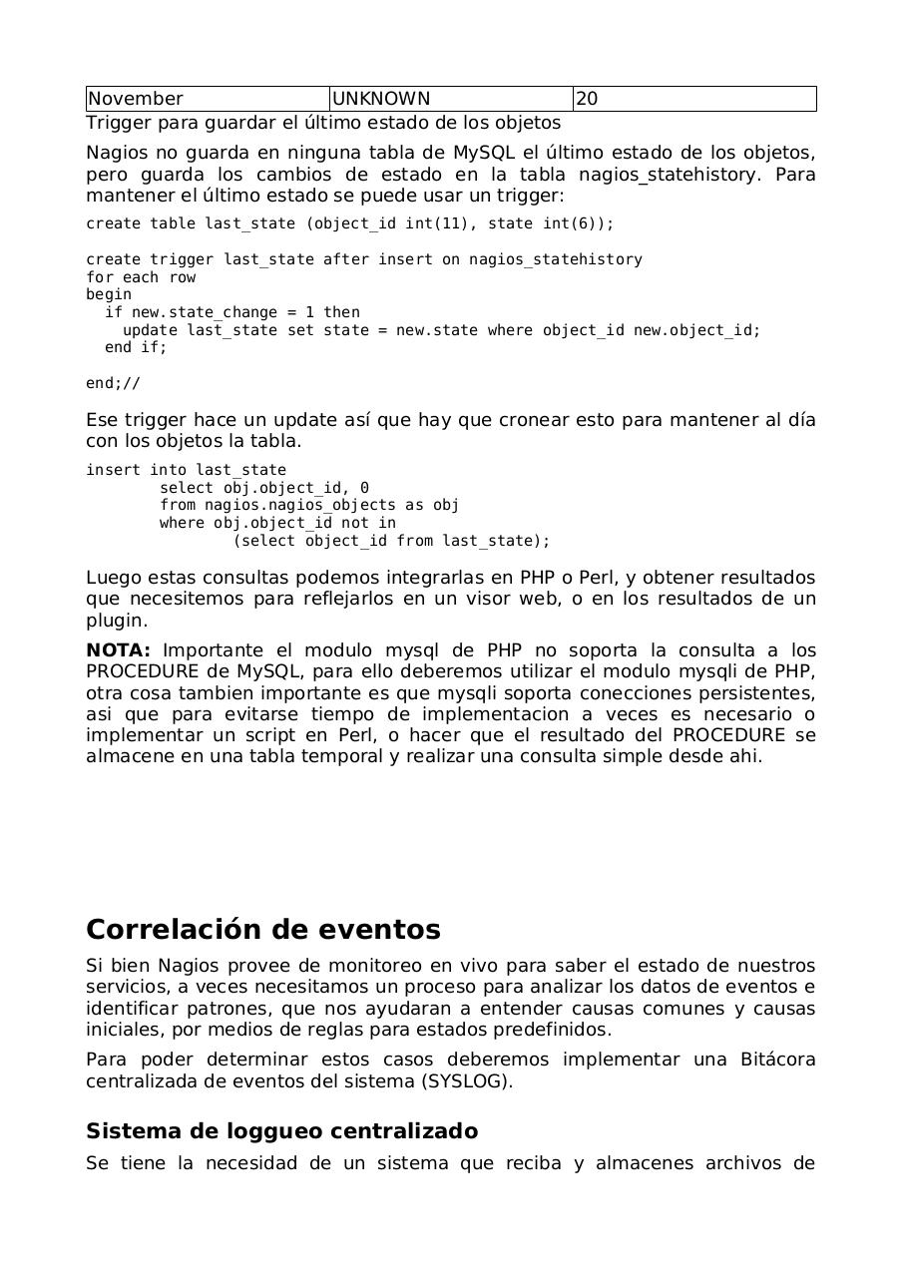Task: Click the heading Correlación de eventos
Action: [x=263, y=930]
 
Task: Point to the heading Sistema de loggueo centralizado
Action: [x=281, y=1131]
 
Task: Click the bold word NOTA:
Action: [x=118, y=650]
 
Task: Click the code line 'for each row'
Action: [x=141, y=277]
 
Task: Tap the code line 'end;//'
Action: [x=113, y=383]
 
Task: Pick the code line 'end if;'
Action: [x=136, y=347]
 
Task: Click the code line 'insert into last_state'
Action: [x=186, y=470]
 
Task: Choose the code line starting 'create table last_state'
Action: [x=350, y=223]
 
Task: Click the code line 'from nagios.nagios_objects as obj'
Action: [x=309, y=505]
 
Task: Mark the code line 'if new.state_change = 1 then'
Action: [x=232, y=312]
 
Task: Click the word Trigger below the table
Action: [x=115, y=123]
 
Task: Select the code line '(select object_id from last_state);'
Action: [x=391, y=541]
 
